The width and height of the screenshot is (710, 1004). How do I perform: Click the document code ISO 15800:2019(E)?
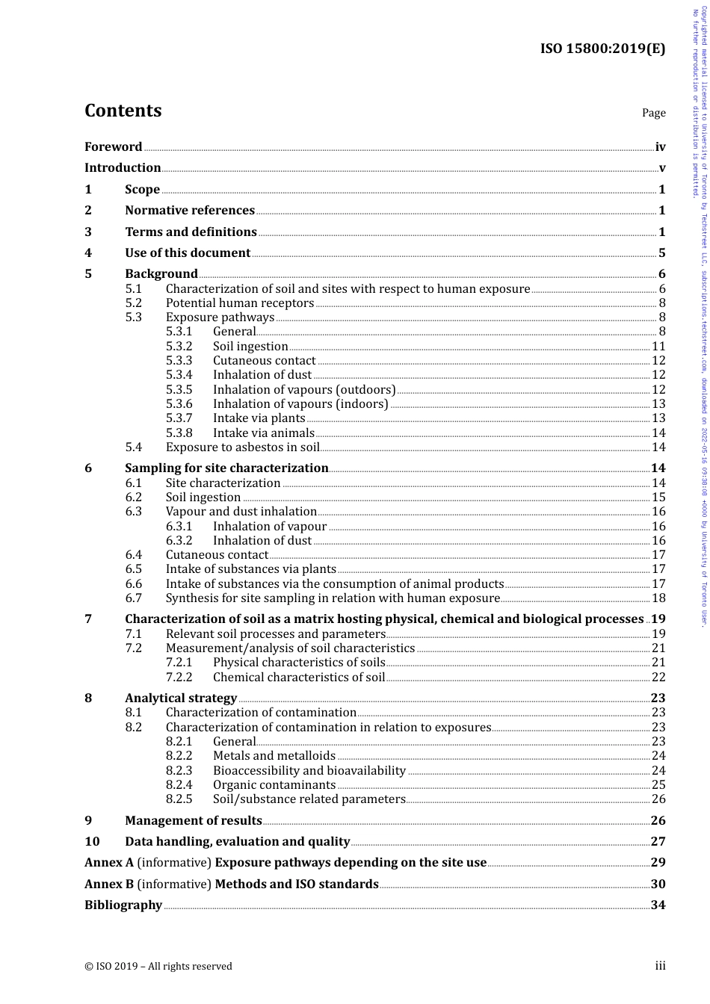(x=602, y=49)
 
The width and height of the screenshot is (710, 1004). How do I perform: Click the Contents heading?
(x=123, y=111)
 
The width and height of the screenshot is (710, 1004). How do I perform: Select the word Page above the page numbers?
(x=653, y=113)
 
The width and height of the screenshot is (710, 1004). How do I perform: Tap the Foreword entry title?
(x=113, y=147)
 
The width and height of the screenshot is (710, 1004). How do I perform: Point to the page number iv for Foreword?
(x=660, y=147)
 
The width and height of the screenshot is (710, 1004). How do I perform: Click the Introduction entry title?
(x=123, y=168)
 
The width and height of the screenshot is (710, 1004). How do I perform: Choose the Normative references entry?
(x=190, y=211)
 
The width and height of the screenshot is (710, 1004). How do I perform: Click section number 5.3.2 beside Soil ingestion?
(x=179, y=347)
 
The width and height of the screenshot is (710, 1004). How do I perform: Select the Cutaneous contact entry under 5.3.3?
(x=264, y=361)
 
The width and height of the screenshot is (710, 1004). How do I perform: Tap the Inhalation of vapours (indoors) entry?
(x=300, y=404)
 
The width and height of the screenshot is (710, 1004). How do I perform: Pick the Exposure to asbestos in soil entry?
(x=242, y=447)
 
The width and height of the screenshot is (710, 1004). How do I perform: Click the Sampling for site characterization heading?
(x=226, y=468)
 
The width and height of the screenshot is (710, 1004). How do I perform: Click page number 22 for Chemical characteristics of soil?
(x=658, y=678)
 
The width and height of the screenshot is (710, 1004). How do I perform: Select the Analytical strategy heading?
(x=181, y=698)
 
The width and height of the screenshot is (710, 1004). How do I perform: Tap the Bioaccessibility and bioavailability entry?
(x=309, y=771)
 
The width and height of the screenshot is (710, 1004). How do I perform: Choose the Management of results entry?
(x=193, y=821)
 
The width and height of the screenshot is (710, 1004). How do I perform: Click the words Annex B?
(x=109, y=884)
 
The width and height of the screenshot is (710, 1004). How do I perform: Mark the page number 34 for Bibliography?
(x=658, y=905)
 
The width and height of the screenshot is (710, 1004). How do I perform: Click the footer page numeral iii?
(x=660, y=966)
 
